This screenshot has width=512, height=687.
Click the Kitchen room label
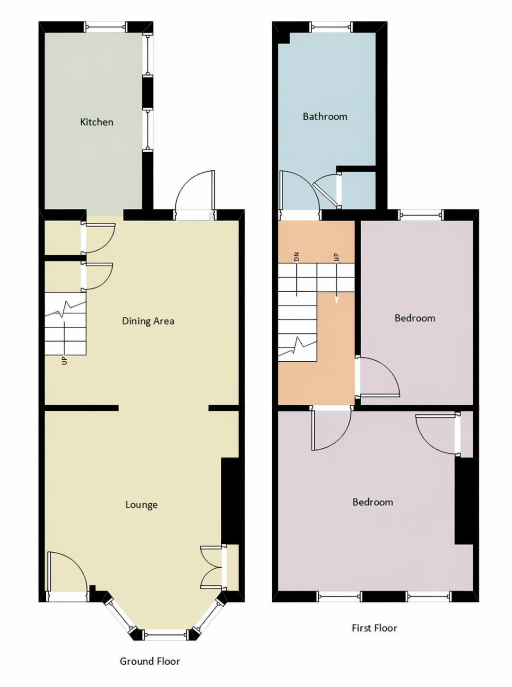tap(97, 122)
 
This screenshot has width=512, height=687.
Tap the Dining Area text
tap(148, 321)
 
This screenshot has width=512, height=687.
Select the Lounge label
tap(141, 505)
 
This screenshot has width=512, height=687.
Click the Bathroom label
tap(325, 116)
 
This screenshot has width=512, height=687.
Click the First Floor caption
tap(374, 628)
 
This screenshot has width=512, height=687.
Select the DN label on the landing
tap(297, 257)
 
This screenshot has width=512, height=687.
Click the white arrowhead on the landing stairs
tap(337, 300)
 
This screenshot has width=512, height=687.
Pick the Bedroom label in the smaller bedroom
tap(415, 318)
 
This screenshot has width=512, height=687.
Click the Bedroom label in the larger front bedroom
tap(373, 502)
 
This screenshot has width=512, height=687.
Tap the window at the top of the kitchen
tap(105, 26)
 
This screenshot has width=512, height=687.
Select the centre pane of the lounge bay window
tap(166, 635)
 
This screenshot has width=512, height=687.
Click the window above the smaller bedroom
tap(422, 215)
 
